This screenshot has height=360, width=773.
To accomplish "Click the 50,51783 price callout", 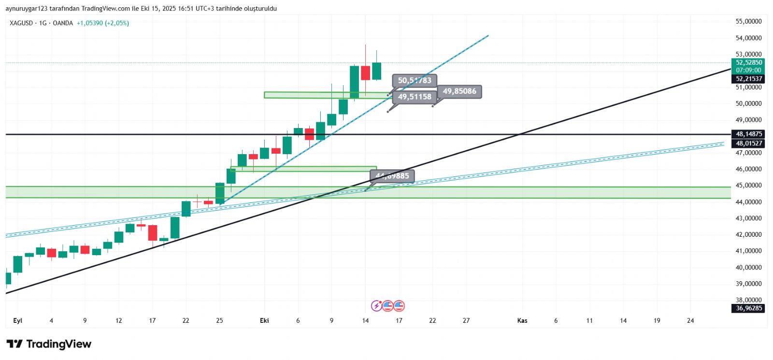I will click(x=415, y=80).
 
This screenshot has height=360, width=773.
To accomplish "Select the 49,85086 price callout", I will click(x=459, y=91).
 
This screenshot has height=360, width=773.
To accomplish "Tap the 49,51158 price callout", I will click(x=415, y=97).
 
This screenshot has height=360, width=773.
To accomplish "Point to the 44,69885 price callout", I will click(x=392, y=176).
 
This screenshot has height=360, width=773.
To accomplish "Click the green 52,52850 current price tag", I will click(x=748, y=62).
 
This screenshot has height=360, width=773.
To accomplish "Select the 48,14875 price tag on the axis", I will click(x=748, y=134).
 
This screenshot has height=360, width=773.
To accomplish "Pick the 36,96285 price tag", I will click(x=748, y=308).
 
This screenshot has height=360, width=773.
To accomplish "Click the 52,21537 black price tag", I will click(x=748, y=79).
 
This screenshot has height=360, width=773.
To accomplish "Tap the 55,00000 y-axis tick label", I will click(x=748, y=21).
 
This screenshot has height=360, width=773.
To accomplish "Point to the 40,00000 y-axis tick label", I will click(x=748, y=267).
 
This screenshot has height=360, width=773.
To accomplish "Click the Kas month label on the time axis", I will click(x=522, y=320).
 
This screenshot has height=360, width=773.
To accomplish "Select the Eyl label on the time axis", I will click(x=18, y=320).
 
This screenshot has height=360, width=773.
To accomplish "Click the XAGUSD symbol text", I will click(x=21, y=23).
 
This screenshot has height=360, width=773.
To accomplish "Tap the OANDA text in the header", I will click(x=62, y=23).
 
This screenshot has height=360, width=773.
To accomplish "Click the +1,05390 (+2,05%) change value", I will click(x=103, y=23).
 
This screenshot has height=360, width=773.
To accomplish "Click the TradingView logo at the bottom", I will click(x=49, y=344).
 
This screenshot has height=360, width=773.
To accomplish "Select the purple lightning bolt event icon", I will click(x=376, y=306).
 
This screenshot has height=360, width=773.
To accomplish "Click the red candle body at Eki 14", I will click(x=365, y=73).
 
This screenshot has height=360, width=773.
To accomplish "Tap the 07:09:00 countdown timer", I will click(x=748, y=70).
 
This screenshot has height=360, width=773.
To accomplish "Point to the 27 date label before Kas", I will click(x=466, y=320).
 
